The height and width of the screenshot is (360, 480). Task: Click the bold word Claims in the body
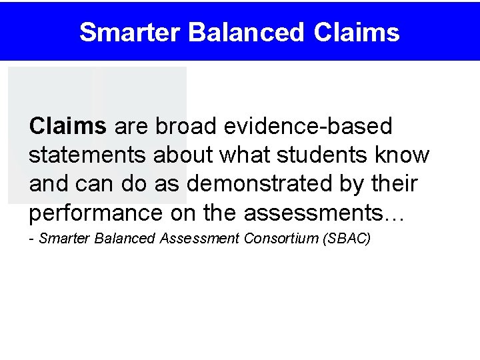pos(67,125)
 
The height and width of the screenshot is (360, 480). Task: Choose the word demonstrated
pos(258,184)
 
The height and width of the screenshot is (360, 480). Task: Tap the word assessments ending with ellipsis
pos(324,213)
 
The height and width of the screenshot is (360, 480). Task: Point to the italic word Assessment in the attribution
pos(199,239)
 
